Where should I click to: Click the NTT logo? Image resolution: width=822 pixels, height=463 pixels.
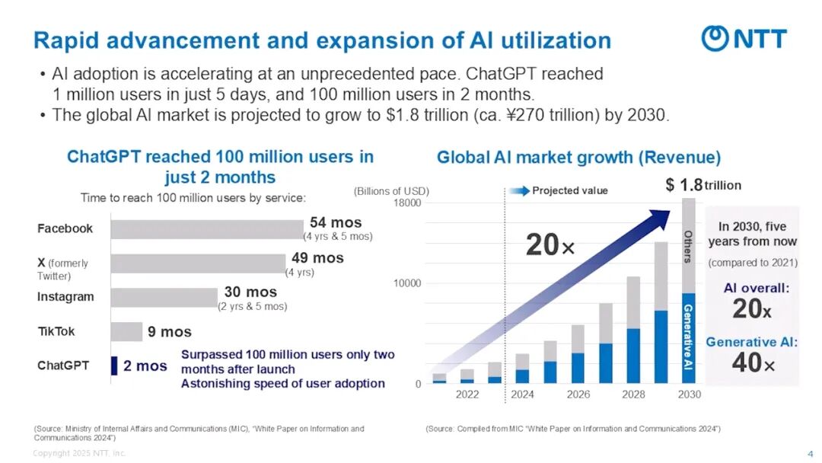(x=744, y=38)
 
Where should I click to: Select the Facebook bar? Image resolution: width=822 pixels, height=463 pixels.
(x=206, y=228)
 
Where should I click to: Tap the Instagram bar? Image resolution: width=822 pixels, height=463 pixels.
(x=164, y=297)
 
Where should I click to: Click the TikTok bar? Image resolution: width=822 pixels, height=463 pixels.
(x=126, y=332)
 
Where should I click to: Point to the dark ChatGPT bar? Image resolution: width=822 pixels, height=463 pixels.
(x=114, y=366)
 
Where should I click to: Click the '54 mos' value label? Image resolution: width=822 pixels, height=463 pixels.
(x=336, y=222)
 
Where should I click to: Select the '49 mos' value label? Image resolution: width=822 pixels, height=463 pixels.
(x=317, y=258)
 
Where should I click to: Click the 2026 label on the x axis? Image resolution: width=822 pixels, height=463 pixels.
(x=578, y=394)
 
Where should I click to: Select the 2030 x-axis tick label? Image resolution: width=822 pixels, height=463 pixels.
(x=689, y=394)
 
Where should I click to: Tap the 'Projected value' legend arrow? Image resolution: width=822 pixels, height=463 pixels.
(x=520, y=190)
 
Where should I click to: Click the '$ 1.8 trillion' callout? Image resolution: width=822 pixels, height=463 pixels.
(x=703, y=185)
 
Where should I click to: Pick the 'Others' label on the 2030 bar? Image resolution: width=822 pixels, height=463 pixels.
(x=688, y=246)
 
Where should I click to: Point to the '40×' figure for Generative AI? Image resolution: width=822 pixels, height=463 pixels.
(x=752, y=364)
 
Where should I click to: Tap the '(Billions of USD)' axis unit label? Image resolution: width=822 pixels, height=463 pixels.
(x=391, y=190)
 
